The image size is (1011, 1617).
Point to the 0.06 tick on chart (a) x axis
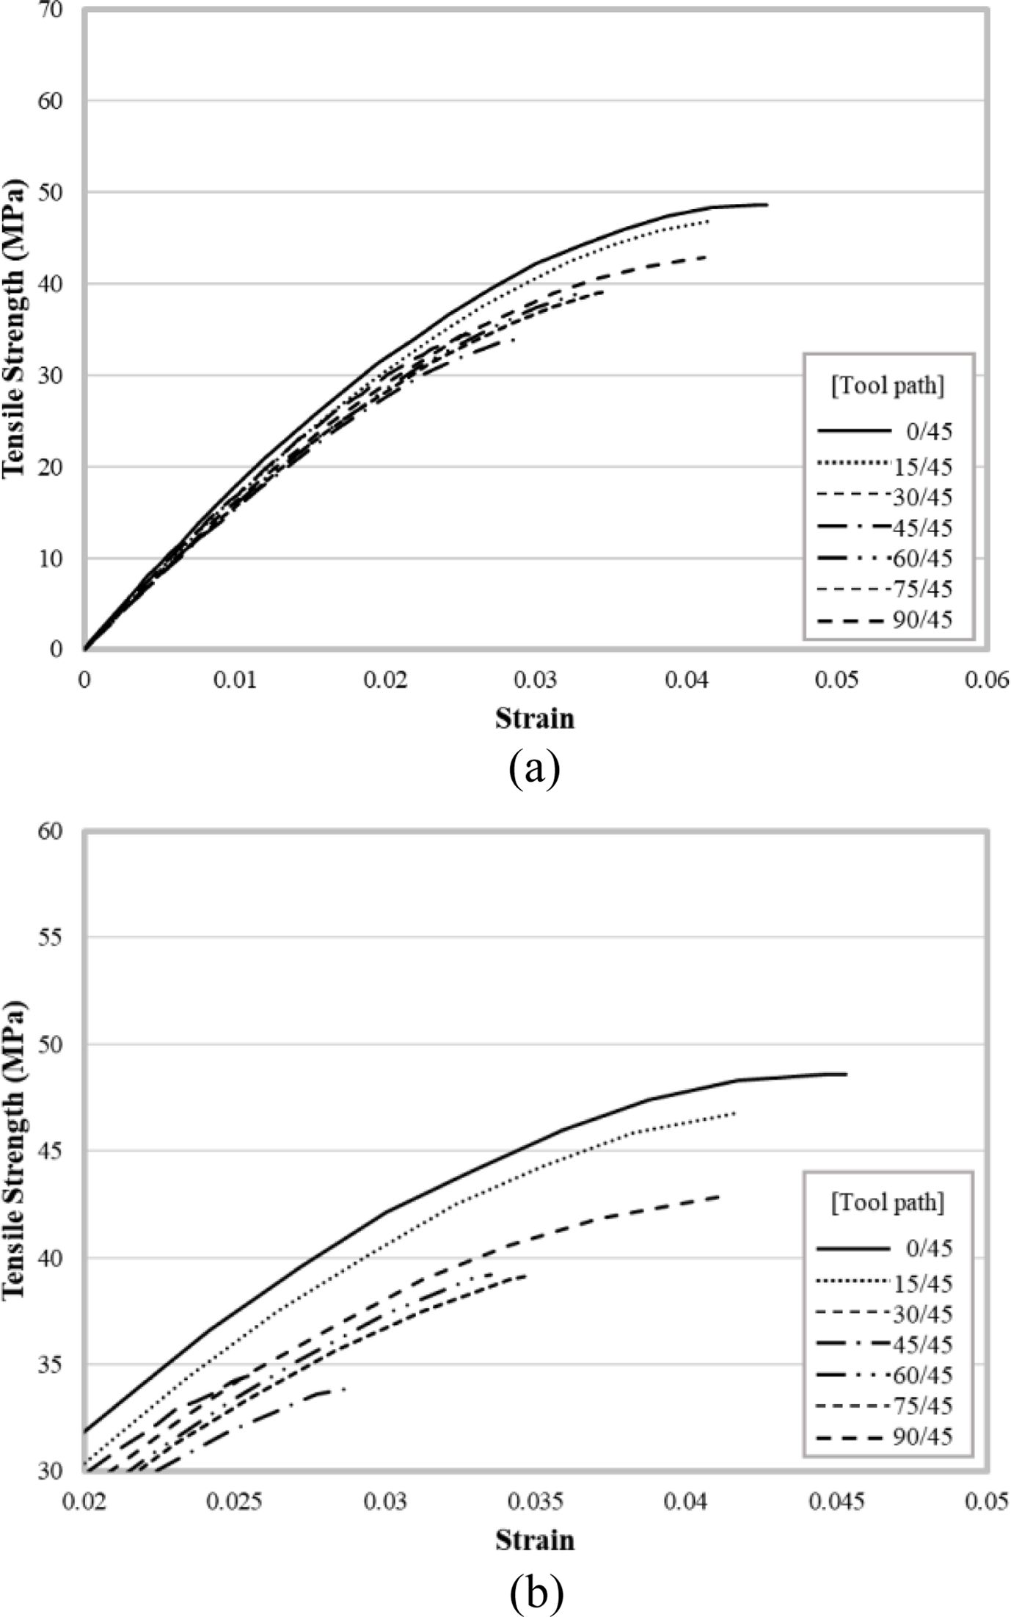click(x=988, y=681)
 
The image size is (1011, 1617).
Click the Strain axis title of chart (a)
click(x=535, y=718)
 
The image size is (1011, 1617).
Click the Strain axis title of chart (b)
click(x=535, y=1539)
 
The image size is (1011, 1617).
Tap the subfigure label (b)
click(x=535, y=1591)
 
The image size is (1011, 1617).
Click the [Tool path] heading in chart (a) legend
click(x=888, y=386)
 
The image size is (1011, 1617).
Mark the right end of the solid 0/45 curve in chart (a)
click(x=767, y=205)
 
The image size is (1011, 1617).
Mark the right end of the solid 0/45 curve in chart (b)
click(x=846, y=1075)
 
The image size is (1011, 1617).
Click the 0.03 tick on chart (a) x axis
click(x=536, y=681)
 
